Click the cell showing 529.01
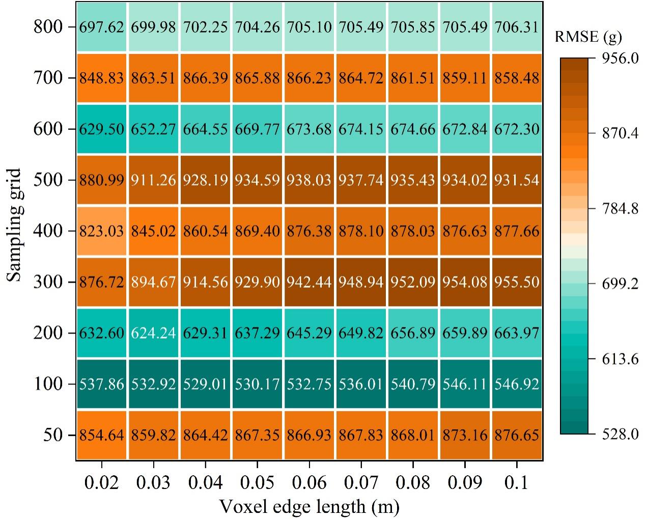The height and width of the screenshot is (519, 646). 206,384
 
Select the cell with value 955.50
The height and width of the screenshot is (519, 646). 517,282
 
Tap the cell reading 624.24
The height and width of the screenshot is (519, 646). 153,333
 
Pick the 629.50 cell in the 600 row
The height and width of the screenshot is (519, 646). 102,129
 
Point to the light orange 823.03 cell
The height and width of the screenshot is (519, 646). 102,231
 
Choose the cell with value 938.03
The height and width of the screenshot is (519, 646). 309,180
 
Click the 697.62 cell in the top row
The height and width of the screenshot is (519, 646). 102,26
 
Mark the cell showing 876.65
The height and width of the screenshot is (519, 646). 517,435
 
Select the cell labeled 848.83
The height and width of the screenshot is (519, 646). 102,78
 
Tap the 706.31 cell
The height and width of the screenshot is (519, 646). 517,26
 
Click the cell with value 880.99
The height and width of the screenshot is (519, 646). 102,180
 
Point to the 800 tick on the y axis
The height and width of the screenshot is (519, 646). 48,26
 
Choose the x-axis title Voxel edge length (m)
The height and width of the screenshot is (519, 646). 309,507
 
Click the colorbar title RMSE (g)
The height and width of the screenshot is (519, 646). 588,37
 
